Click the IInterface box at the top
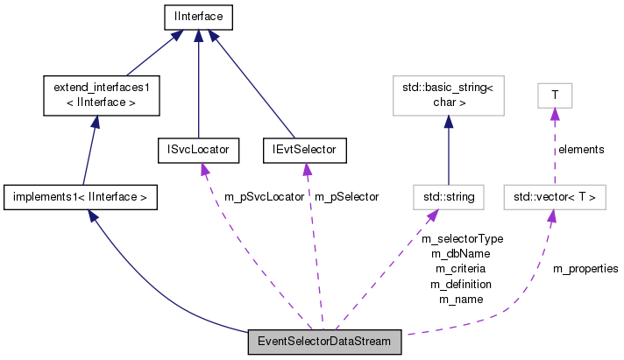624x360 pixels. (199, 16)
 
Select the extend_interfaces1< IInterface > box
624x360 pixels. (101, 95)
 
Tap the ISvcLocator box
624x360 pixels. (198, 150)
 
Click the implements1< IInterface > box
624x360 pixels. (81, 197)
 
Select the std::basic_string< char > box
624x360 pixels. (448, 95)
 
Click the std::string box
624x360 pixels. (448, 197)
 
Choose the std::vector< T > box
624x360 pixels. (554, 197)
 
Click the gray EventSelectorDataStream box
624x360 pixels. (325, 341)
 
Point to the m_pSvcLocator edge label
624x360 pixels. (265, 197)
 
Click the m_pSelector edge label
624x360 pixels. (347, 197)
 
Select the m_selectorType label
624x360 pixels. (462, 238)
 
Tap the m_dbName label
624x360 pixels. (460, 253)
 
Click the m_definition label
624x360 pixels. (460, 284)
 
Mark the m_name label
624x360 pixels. (460, 299)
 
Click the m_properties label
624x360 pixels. (585, 268)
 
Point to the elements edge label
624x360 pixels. (581, 149)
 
